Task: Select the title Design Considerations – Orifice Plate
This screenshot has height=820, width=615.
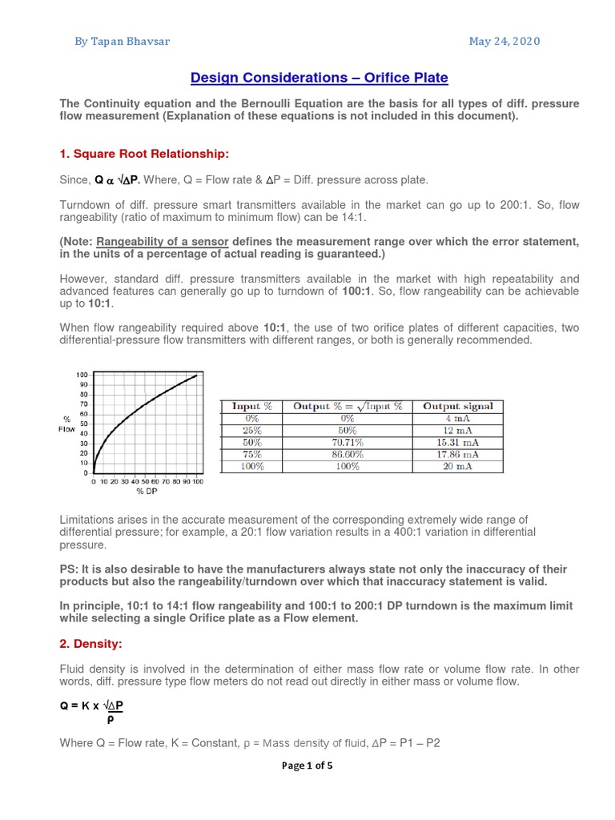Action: point(319,78)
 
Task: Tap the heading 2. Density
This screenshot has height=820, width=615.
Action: point(94,643)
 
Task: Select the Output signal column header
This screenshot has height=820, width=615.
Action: point(458,406)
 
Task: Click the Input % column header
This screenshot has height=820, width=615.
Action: point(252,406)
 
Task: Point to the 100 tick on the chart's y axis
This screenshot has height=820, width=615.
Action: point(82,375)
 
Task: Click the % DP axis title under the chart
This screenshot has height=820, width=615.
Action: point(147,491)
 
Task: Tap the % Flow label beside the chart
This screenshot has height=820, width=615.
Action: point(68,424)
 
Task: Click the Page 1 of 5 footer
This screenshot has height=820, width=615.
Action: point(307,765)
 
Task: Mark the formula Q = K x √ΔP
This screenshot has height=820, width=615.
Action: point(92,705)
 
